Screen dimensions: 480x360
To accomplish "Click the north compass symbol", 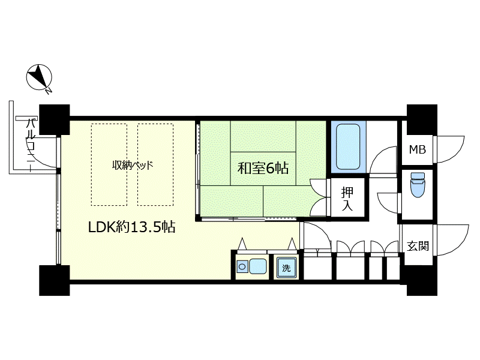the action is pyautogui.click(x=39, y=77).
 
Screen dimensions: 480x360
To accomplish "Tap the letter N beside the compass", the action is pyautogui.click(x=48, y=91).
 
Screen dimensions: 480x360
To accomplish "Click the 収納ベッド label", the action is pyautogui.click(x=132, y=166).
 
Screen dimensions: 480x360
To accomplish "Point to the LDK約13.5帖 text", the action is pyautogui.click(x=131, y=227).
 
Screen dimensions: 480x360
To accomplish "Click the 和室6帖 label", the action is pyautogui.click(x=263, y=168).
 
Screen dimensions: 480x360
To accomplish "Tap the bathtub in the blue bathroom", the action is pyautogui.click(x=348, y=146).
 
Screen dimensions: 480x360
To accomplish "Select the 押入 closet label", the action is pyautogui.click(x=347, y=199).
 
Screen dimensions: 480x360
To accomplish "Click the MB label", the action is pyautogui.click(x=418, y=149).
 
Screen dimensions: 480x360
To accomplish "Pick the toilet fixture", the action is pyautogui.click(x=416, y=184).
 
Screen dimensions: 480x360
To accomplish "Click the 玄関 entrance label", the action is pyautogui.click(x=418, y=246).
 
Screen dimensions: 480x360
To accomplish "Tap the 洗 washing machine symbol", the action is pyautogui.click(x=287, y=268).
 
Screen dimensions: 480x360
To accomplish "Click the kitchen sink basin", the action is pyautogui.click(x=258, y=266).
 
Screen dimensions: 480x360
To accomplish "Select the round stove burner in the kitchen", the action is pyautogui.click(x=242, y=266).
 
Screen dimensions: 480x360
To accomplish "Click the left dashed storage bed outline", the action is pyautogui.click(x=109, y=164).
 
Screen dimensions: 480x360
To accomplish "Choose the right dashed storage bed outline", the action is pyautogui.click(x=155, y=164).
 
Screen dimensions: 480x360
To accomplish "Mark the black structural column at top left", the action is pyautogui.click(x=55, y=119).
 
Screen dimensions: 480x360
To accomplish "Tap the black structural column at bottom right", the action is pyautogui.click(x=422, y=280).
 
